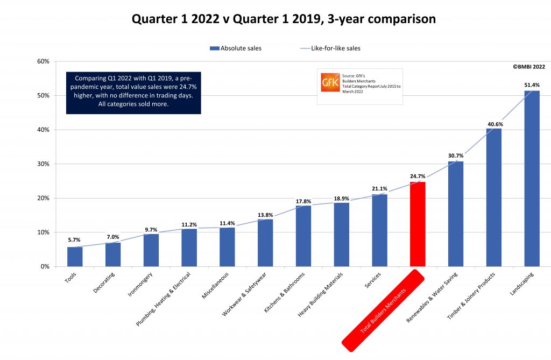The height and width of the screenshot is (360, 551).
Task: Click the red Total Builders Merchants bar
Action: point(418,224)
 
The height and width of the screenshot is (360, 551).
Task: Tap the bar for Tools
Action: point(75,256)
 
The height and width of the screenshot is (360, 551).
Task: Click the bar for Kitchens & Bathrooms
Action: point(303,236)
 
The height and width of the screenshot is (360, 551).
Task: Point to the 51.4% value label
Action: point(532,85)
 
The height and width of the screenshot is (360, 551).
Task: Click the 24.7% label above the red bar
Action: point(418,176)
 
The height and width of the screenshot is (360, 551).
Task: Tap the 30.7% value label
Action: point(455,156)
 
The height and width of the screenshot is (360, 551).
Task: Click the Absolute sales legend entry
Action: point(237,48)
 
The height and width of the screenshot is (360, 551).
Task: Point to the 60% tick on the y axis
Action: point(43,61)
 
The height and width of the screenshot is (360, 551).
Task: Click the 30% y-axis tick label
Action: point(43,164)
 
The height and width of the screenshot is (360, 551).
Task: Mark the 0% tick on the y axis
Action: point(45,266)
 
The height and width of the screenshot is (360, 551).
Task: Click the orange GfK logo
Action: point(329,82)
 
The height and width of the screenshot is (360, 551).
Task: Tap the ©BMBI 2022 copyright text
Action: point(528,67)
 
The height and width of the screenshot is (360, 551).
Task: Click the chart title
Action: point(284,19)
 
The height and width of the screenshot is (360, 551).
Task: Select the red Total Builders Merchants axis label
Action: point(384,307)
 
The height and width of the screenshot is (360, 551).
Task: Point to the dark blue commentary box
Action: point(133,93)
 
